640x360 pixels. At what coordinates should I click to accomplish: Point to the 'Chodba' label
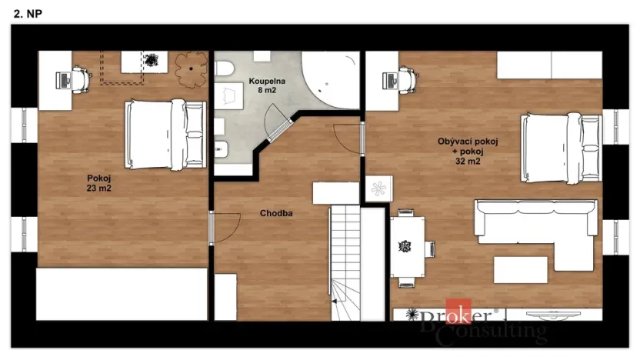[275, 214]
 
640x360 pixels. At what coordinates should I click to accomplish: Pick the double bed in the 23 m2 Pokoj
[165, 135]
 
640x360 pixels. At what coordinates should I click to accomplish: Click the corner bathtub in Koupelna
[330, 82]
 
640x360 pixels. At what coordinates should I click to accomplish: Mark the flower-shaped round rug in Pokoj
[191, 68]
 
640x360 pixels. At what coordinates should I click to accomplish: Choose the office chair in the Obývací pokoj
[407, 78]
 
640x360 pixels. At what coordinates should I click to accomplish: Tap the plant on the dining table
[405, 247]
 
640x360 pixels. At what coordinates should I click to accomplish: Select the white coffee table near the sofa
[520, 269]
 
